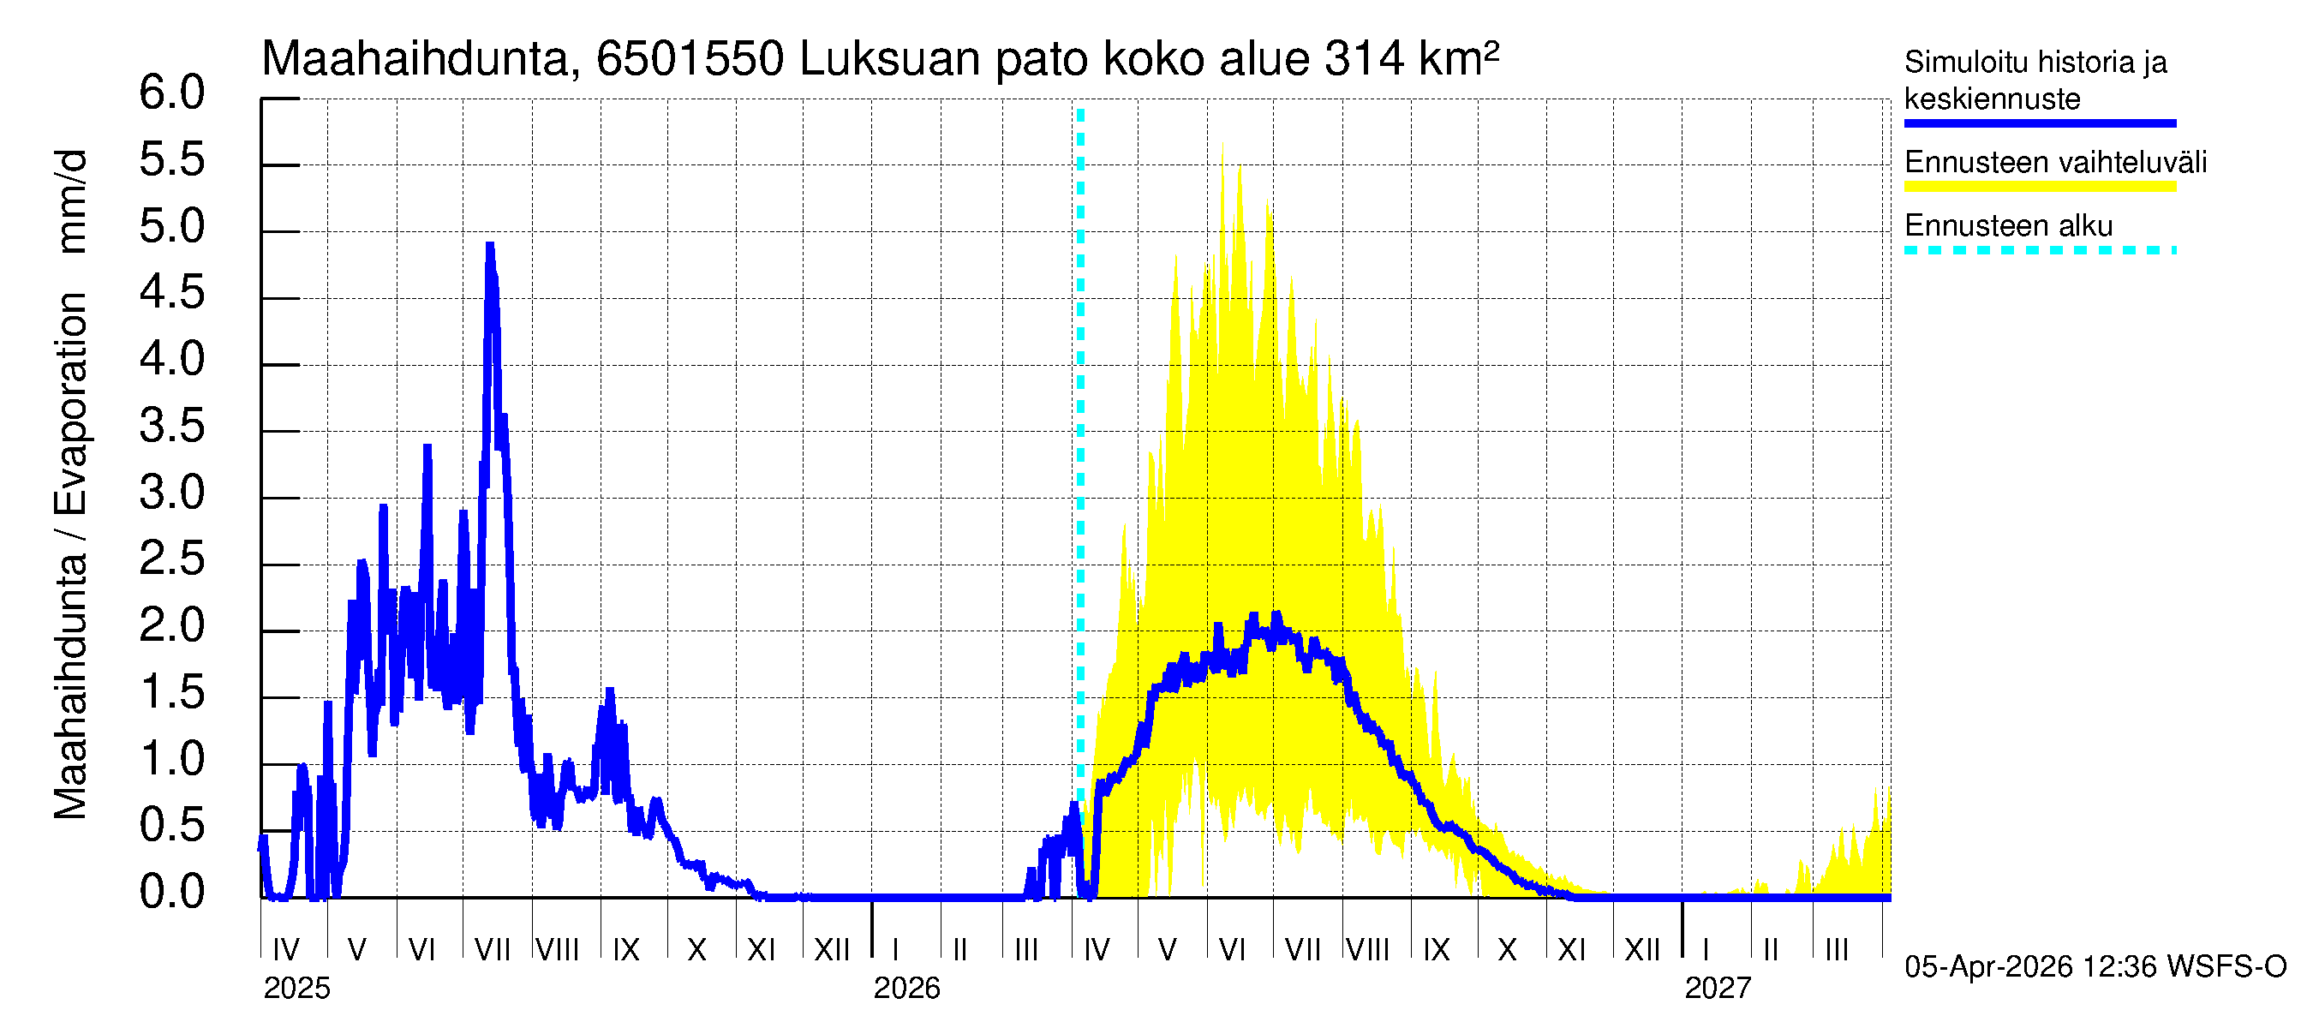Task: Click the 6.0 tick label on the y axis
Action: click(x=171, y=93)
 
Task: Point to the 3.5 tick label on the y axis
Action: click(x=171, y=427)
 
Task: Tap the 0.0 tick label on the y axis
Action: click(x=171, y=893)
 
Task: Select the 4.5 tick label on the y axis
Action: click(x=171, y=294)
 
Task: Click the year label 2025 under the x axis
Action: click(x=296, y=989)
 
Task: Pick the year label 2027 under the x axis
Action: click(x=1717, y=989)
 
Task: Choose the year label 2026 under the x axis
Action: click(x=906, y=989)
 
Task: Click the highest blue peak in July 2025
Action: click(x=489, y=245)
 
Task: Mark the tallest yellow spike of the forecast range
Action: click(x=1223, y=146)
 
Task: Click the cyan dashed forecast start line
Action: click(x=1080, y=449)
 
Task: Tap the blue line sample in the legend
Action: click(x=2039, y=123)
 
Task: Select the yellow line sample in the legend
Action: click(x=2039, y=187)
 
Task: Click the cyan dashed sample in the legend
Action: click(x=2039, y=250)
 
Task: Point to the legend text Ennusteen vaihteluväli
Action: click(x=2055, y=163)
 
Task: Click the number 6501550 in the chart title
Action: click(x=690, y=59)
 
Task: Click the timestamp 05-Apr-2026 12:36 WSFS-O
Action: click(x=2095, y=967)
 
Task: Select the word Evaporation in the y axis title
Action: click(x=70, y=404)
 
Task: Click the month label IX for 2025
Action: click(x=626, y=950)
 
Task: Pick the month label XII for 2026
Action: click(x=1641, y=950)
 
